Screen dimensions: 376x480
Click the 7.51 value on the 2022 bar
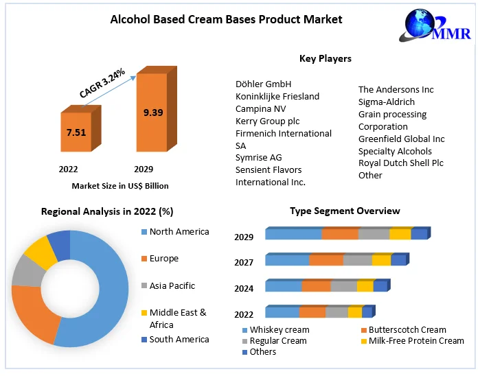(76, 132)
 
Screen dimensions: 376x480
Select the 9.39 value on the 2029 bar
(153, 113)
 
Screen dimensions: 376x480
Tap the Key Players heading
(325, 59)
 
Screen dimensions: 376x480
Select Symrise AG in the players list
(258, 158)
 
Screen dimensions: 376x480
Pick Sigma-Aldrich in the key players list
(387, 102)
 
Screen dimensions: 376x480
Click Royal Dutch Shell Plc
(401, 163)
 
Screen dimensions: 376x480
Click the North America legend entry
(179, 232)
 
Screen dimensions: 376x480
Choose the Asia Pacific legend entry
(172, 286)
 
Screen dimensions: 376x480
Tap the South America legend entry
(179, 340)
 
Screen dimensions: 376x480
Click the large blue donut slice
(103, 295)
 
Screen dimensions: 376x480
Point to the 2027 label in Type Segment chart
(243, 263)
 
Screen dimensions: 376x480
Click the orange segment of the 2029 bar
(340, 234)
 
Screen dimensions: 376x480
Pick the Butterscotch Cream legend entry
(407, 330)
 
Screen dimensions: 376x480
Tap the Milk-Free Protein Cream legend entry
(416, 341)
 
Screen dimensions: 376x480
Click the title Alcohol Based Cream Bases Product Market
(226, 19)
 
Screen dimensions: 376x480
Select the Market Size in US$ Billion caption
(120, 186)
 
